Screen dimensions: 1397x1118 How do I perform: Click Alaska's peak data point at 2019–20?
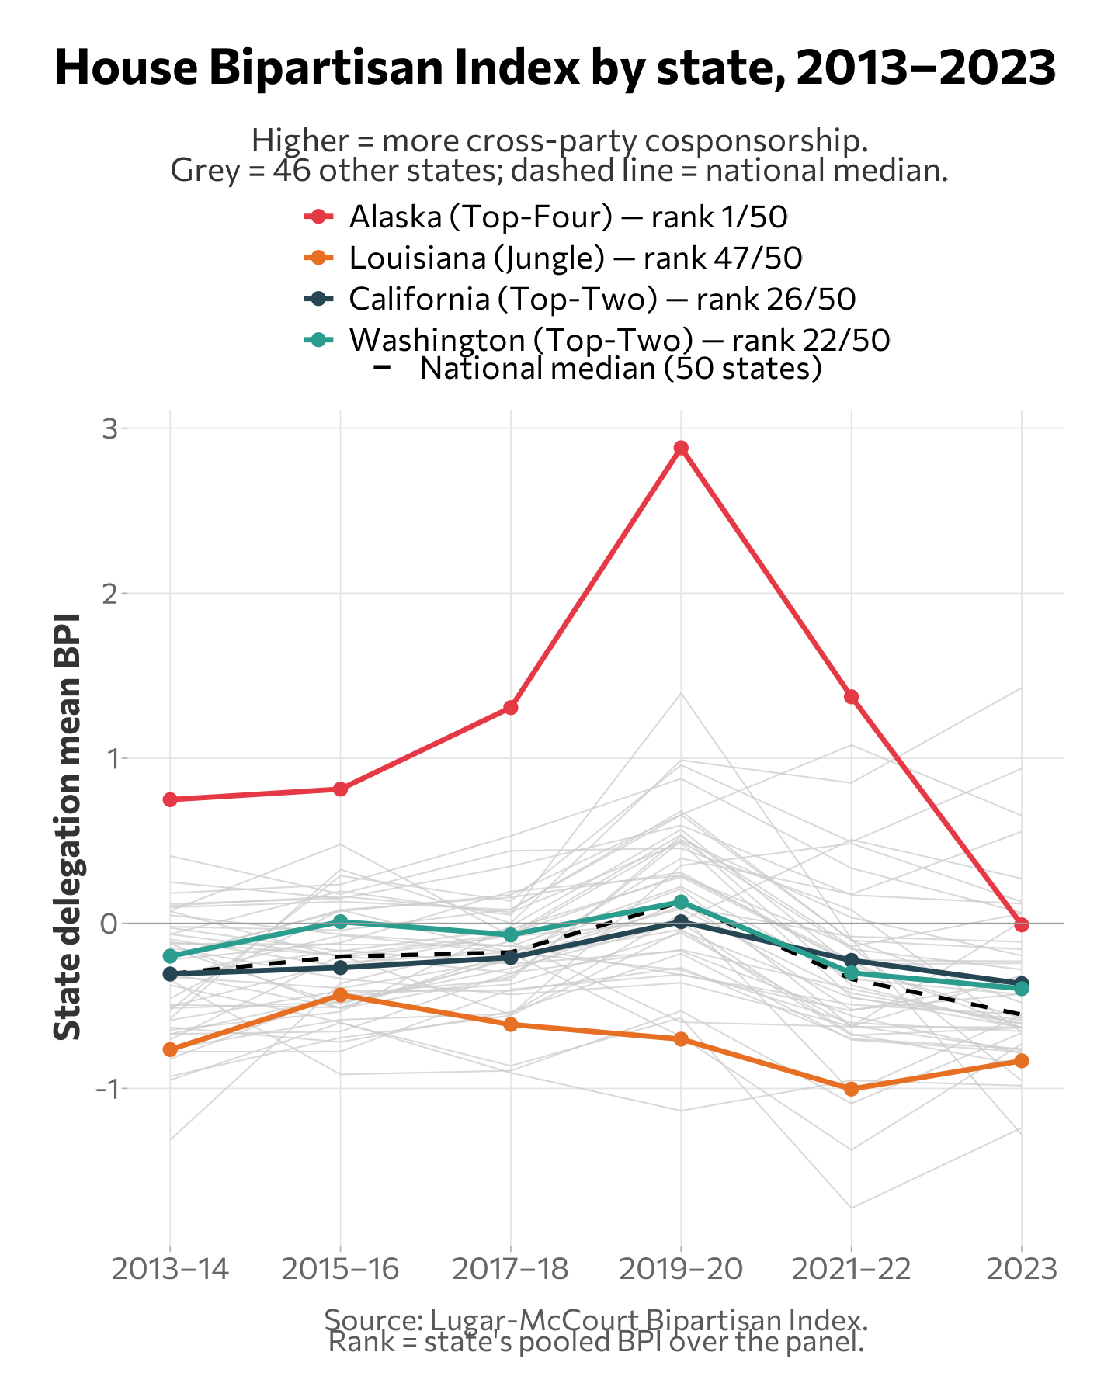[681, 448]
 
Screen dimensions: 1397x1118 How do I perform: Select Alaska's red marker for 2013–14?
[171, 799]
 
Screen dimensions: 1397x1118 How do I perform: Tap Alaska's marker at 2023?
[1022, 924]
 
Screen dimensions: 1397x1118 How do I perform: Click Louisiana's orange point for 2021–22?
[851, 1089]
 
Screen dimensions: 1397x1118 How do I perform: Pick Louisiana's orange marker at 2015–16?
[340, 994]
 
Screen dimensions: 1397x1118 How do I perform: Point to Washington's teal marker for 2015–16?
[340, 921]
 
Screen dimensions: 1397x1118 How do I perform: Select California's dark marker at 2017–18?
[510, 958]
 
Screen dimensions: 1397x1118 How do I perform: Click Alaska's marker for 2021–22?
[851, 696]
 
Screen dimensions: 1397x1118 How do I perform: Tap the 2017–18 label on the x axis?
[510, 1270]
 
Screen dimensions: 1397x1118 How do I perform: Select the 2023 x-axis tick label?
[1022, 1270]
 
